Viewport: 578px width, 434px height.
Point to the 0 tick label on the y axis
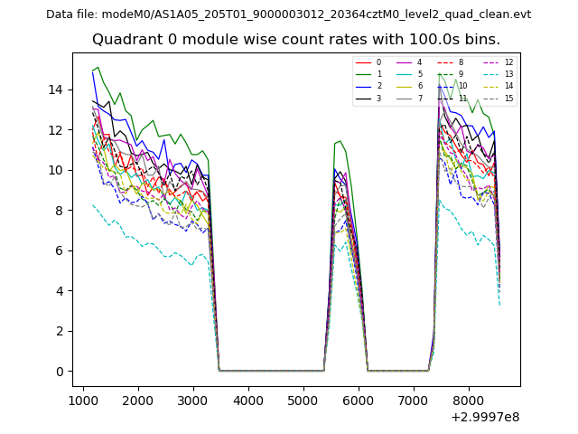tap(61, 372)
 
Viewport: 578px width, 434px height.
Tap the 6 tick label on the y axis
tap(61, 250)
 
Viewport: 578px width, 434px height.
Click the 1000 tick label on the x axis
tap(83, 401)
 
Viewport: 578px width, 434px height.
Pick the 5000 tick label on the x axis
tap(303, 401)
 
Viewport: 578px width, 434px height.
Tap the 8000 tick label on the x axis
tap(468, 401)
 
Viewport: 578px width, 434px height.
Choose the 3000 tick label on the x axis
tap(193, 401)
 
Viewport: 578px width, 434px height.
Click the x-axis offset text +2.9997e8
tap(484, 417)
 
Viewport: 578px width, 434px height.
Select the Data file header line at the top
tap(288, 14)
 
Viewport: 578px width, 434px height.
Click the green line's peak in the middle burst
tap(340, 141)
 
